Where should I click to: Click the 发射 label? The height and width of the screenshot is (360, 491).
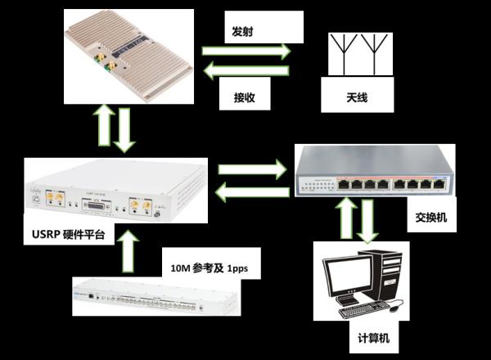point(241,32)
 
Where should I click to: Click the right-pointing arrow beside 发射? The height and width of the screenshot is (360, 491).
point(246,51)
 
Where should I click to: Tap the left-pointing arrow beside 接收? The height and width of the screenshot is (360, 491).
point(245,73)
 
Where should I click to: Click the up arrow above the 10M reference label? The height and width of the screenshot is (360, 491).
point(127,250)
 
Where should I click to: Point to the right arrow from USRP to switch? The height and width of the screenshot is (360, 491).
point(251,170)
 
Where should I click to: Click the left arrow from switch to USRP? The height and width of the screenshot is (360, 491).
point(251,193)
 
